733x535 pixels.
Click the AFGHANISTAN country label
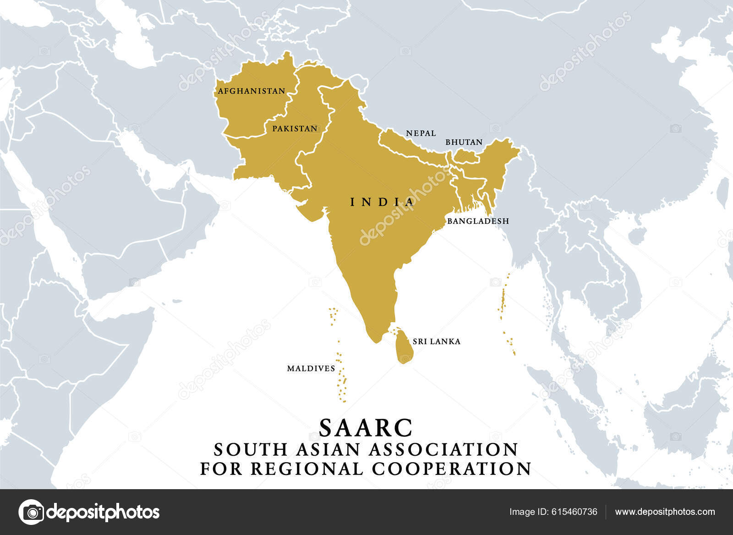[x=252, y=91]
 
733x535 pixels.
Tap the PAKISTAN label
[x=295, y=129]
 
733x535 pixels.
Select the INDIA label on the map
[x=382, y=202]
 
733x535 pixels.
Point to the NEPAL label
[x=421, y=133]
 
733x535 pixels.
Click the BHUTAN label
[x=464, y=142]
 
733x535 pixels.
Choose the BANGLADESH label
[x=478, y=221]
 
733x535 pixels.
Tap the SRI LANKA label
[x=436, y=342]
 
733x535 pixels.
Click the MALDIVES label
[x=311, y=369]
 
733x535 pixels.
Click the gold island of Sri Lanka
[x=404, y=346]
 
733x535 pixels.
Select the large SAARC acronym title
[x=366, y=428]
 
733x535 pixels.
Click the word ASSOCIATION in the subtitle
[x=443, y=450]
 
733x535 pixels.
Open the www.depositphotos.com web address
[x=665, y=512]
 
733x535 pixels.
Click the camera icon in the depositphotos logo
[x=32, y=512]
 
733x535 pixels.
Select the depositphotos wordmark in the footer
[x=104, y=512]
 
